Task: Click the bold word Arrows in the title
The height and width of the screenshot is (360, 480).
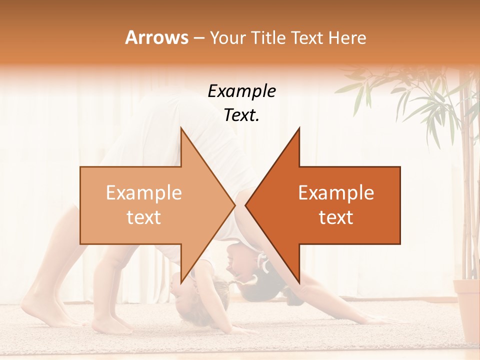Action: coord(156,37)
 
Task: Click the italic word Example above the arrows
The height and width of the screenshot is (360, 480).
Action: coord(241,91)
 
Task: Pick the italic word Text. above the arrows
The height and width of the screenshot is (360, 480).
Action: coord(241,115)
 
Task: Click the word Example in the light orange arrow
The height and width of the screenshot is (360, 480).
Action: coord(144,192)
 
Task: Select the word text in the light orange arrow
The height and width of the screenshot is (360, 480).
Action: coord(144,217)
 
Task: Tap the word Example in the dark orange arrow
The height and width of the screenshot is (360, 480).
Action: coord(336,192)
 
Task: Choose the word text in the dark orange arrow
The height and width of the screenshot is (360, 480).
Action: coord(336,217)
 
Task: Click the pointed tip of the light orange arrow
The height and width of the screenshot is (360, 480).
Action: coord(234,205)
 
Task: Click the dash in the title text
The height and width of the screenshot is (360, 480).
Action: coord(198,38)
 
